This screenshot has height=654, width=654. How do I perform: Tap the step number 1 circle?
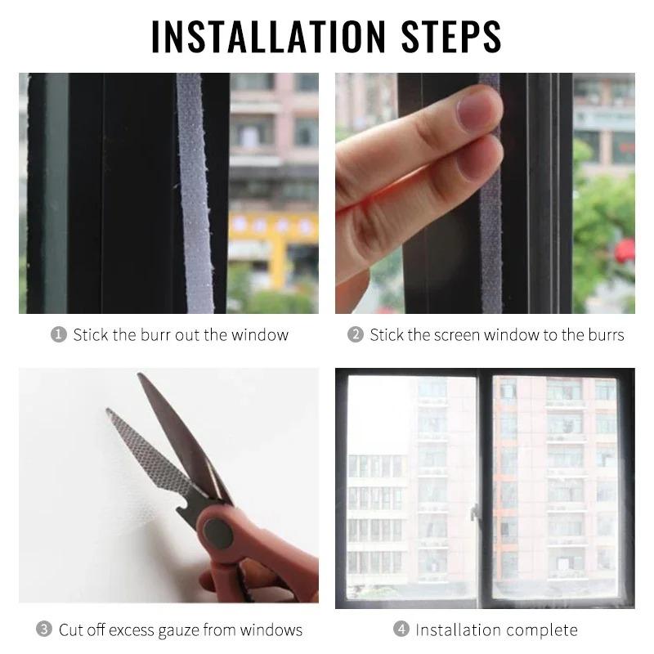pos(59,335)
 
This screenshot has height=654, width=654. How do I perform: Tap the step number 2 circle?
pos(356,335)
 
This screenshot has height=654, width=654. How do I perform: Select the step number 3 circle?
pos(44,629)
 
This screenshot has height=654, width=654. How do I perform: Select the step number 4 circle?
pos(401,629)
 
